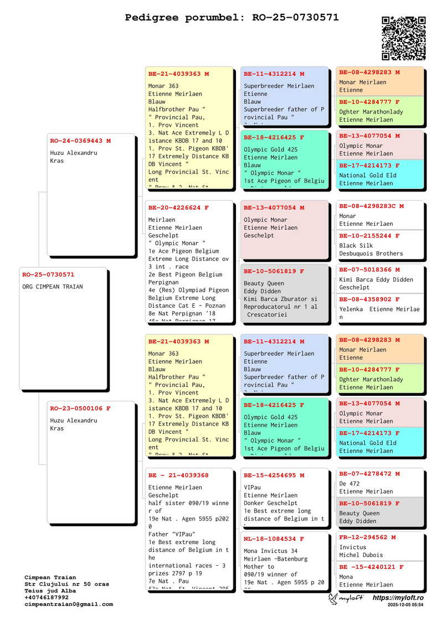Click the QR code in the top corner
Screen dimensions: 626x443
click(404, 38)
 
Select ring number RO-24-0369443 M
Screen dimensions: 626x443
click(80, 141)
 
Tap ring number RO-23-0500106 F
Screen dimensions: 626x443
click(80, 409)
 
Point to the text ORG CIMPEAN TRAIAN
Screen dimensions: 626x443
click(53, 287)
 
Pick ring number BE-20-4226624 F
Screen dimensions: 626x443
click(178, 208)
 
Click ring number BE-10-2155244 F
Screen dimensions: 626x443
click(369, 236)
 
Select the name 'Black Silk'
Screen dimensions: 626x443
click(356, 246)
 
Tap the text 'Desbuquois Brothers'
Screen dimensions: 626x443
click(371, 253)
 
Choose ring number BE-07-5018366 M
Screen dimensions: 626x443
click(369, 270)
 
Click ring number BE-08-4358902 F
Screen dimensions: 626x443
click(369, 299)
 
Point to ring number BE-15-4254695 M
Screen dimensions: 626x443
click(274, 475)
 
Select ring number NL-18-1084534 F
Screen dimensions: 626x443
click(274, 539)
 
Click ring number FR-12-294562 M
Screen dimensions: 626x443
click(367, 537)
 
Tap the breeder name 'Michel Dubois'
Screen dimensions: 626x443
click(361, 555)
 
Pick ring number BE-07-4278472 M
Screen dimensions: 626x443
click(369, 474)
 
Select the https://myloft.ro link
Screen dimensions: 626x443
click(398, 598)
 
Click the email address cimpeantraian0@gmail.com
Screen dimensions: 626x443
click(69, 604)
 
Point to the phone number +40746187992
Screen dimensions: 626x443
click(47, 598)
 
